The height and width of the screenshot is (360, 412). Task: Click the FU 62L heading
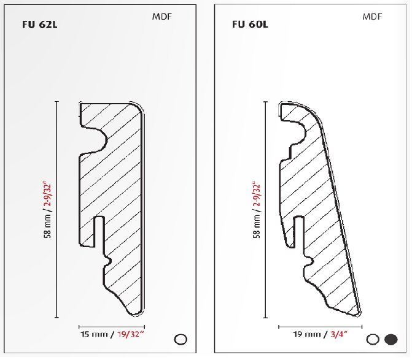[x=40, y=25]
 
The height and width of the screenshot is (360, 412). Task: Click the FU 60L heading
[x=250, y=25]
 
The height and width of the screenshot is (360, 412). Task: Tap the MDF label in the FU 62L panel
[x=162, y=17]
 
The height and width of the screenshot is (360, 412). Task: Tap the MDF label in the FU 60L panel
[x=372, y=17]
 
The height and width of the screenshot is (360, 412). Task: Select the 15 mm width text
[x=94, y=334]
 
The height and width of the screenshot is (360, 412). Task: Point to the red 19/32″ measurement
[x=131, y=334]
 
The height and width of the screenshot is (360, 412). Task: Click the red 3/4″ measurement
[x=338, y=334]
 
